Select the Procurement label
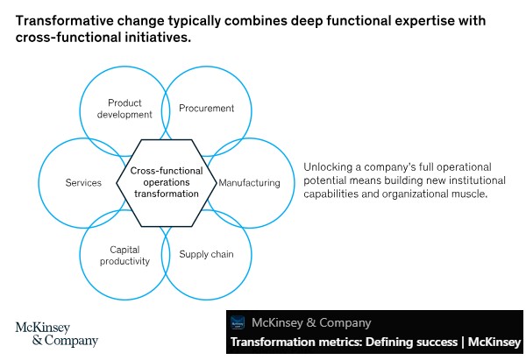206,109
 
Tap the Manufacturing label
249,183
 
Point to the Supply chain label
206,255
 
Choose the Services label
83,183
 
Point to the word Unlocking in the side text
327,166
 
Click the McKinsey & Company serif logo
57,333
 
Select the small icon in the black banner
238,322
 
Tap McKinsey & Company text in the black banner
311,322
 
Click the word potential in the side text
327,180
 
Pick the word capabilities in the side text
335,193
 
